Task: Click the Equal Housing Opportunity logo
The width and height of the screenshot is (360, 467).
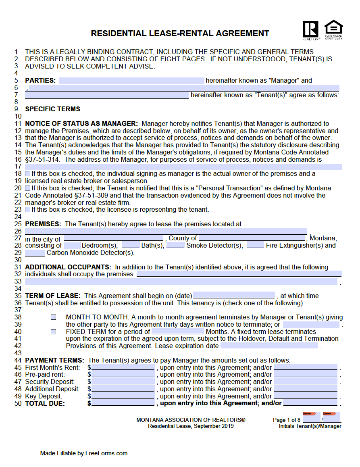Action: [x=333, y=29]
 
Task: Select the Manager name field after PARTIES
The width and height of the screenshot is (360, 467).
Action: [x=131, y=81]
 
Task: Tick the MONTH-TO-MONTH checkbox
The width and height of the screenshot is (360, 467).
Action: [x=54, y=317]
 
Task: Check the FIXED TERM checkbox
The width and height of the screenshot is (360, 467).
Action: [x=54, y=331]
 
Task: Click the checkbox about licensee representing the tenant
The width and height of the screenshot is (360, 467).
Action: [x=27, y=210]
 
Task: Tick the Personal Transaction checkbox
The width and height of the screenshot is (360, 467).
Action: [x=27, y=188]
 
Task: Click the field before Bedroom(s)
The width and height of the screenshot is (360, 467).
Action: [x=73, y=245]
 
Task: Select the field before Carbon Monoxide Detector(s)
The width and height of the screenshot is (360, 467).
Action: [x=35, y=253]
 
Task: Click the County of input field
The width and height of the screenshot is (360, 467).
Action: [x=252, y=238]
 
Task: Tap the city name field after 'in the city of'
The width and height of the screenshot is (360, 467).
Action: [x=113, y=238]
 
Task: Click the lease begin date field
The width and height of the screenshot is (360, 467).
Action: [x=233, y=296]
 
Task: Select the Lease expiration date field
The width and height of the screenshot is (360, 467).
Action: [x=269, y=346]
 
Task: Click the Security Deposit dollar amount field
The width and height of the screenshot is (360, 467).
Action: [x=123, y=382]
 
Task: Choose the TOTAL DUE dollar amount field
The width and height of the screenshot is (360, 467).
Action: [x=123, y=403]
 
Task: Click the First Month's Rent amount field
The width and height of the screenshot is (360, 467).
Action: [x=123, y=367]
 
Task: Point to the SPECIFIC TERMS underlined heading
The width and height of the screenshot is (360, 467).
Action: [x=53, y=109]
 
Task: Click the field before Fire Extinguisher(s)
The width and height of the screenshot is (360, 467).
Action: [x=255, y=245]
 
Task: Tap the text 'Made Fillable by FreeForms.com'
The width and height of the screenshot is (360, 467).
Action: [x=84, y=453]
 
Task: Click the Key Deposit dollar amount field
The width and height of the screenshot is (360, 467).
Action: [x=123, y=396]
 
